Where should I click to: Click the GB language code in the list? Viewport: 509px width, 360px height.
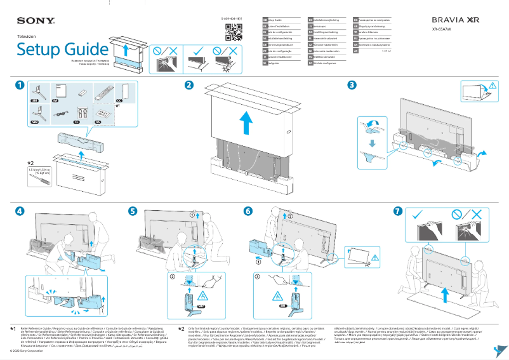pyautogui.click(x=265, y=20)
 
